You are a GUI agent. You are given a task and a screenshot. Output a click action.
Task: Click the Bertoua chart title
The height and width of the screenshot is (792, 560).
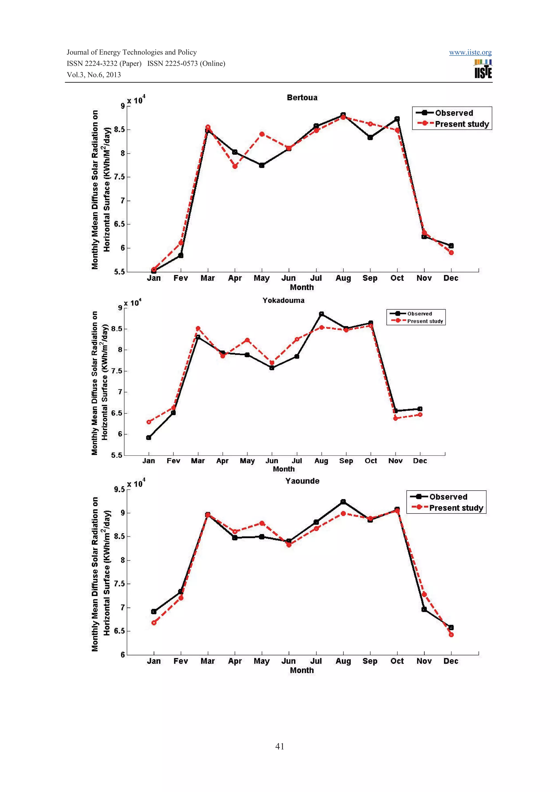[302, 98]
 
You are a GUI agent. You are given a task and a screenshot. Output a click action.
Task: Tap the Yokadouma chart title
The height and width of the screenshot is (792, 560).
[283, 300]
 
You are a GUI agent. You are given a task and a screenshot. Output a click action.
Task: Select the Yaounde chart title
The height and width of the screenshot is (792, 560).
[302, 481]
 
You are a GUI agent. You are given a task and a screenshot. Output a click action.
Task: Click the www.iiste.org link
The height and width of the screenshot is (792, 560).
[470, 52]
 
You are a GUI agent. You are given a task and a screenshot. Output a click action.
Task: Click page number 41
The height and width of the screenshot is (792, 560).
[280, 746]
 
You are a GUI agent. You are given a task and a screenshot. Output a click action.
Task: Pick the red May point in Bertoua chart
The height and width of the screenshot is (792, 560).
[262, 134]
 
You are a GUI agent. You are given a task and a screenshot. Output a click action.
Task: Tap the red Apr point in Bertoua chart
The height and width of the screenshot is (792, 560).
[235, 166]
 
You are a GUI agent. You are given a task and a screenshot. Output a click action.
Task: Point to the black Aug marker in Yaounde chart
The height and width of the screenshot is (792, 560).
[343, 501]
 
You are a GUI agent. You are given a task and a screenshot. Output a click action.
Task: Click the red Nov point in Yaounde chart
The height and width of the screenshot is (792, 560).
[424, 594]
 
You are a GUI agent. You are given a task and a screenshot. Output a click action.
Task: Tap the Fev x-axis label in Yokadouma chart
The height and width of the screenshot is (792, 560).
[173, 461]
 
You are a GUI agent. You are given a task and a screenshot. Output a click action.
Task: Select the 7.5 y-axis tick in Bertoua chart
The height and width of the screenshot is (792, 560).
[119, 177]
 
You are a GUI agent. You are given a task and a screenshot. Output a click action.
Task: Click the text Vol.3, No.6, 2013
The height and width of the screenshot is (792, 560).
[94, 75]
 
